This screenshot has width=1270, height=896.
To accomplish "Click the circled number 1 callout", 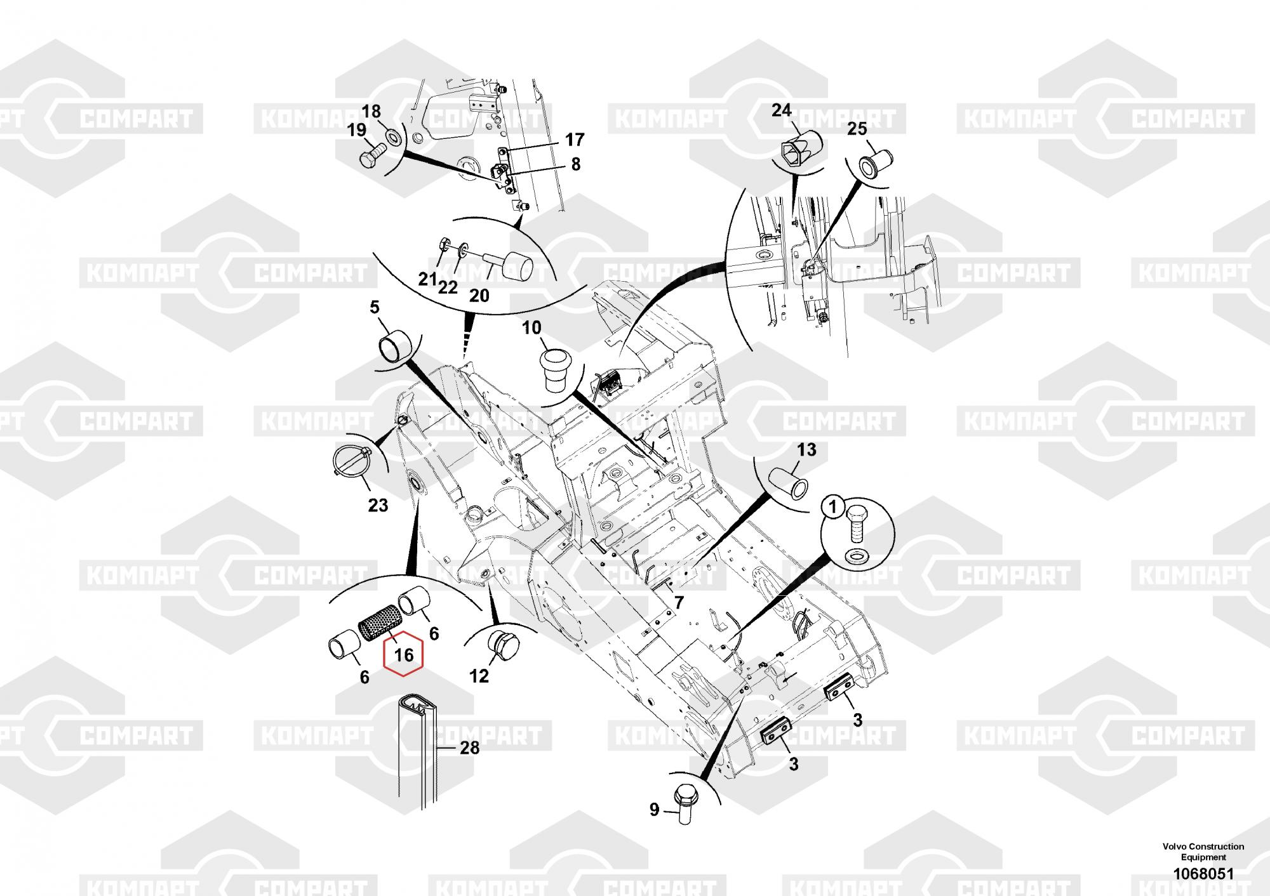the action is [x=834, y=508].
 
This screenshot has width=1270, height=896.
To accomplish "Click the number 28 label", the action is [x=469, y=748].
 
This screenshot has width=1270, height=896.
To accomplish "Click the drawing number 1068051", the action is [x=1203, y=874].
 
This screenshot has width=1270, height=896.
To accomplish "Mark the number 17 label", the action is [x=574, y=140].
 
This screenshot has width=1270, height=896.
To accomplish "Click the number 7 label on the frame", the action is [x=679, y=602].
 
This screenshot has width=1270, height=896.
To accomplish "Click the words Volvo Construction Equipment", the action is [x=1203, y=852].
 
